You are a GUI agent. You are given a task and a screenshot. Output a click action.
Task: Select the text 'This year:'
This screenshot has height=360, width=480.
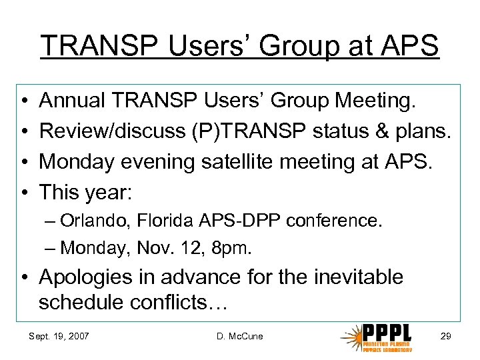(x=87, y=193)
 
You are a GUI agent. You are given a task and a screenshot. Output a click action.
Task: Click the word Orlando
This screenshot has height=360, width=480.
(x=86, y=221)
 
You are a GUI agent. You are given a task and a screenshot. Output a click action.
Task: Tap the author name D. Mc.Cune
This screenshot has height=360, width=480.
(x=239, y=336)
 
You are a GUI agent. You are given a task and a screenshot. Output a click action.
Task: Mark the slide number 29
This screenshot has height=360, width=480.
(x=445, y=336)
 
